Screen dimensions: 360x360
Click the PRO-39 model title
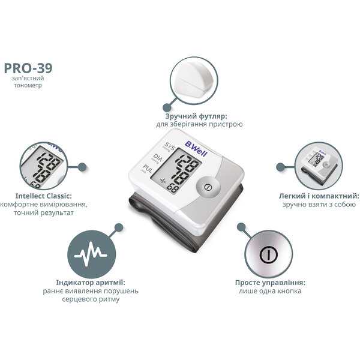tap(28, 68)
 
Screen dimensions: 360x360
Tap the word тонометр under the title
tap(28, 85)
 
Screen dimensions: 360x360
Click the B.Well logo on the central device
tap(196, 149)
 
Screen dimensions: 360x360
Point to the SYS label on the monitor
tap(169, 146)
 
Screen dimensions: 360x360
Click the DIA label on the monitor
tap(157, 158)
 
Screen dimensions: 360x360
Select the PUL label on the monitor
tap(147, 169)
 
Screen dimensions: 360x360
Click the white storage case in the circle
tap(194, 81)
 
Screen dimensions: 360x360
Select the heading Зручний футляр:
tap(196, 116)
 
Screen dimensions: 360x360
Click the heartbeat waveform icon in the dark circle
tap(91, 254)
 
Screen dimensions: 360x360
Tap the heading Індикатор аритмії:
tap(91, 283)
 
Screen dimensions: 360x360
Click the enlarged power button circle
tap(268, 254)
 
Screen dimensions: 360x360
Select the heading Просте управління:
tap(270, 283)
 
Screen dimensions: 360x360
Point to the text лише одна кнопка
tap(270, 291)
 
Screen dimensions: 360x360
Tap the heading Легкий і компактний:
tap(319, 196)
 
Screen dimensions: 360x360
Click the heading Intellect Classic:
tap(44, 196)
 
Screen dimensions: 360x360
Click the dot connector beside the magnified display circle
tap(82, 167)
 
